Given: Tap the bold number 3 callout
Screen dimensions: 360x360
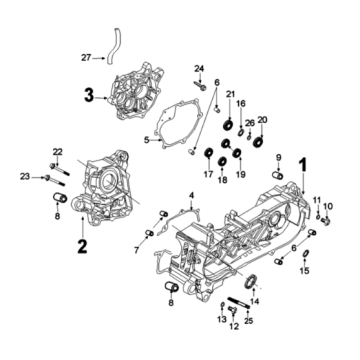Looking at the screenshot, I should click(89, 96).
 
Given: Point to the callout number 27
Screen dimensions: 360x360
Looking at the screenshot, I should click(85, 58).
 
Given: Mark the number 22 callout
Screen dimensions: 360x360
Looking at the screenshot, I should click(57, 151).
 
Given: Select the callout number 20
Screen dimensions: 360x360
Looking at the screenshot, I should click(264, 121).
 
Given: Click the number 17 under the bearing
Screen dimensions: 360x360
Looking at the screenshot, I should click(209, 176).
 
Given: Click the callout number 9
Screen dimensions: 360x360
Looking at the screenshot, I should click(278, 157).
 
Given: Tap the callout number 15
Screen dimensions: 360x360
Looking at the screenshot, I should click(305, 270).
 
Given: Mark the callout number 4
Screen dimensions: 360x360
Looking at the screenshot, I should click(190, 193).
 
